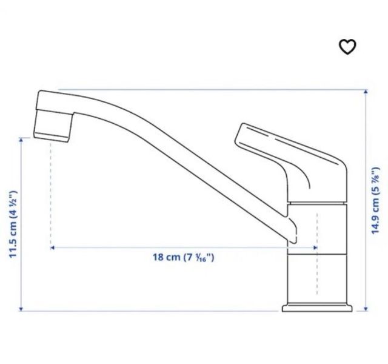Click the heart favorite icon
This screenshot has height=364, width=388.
click(x=347, y=47)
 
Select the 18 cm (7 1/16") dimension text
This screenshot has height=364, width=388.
click(x=182, y=257)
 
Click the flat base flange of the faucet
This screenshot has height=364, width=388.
click(x=318, y=308)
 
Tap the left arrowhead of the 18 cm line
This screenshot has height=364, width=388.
click(x=53, y=248)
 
